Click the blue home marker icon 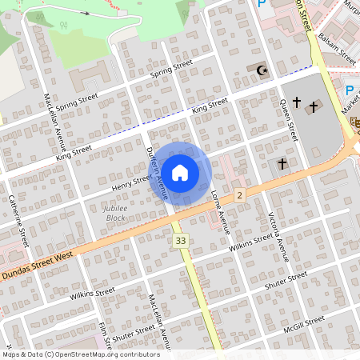pyautogui.click(x=180, y=173)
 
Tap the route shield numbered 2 pyautogui.click(x=239, y=195)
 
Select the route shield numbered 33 pyautogui.click(x=181, y=240)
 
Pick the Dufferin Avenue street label pyautogui.click(x=157, y=173)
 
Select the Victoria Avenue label pyautogui.click(x=278, y=237)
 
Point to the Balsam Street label pyautogui.click(x=337, y=47)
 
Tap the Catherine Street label pyautogui.click(x=18, y=221)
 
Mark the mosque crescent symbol pyautogui.click(x=260, y=71)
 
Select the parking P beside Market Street pyautogui.click(x=350, y=90)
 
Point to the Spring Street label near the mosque pyautogui.click(x=172, y=70)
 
